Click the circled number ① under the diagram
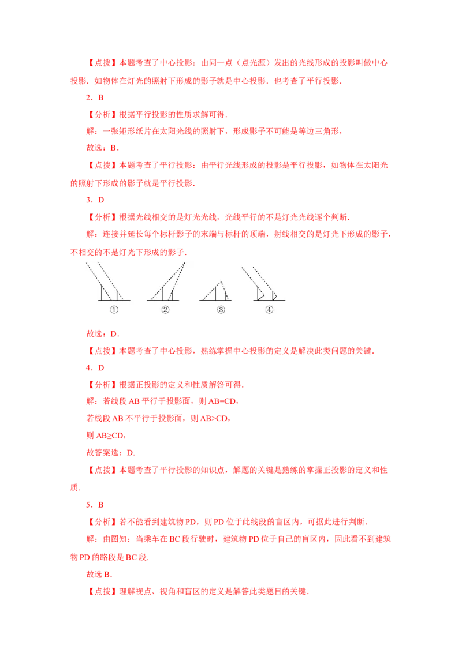(114, 309)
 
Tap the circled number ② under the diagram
(165, 309)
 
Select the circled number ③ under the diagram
(221, 309)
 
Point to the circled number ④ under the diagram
(269, 309)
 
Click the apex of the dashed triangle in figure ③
(220, 282)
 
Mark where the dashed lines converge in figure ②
(185, 262)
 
